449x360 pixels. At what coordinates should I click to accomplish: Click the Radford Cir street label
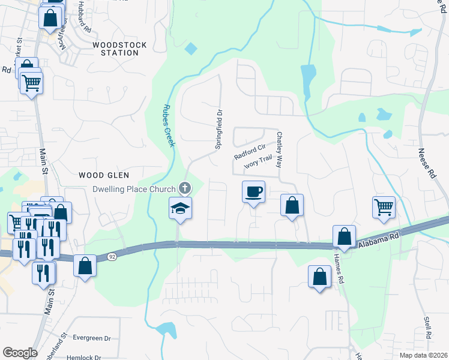point(250,152)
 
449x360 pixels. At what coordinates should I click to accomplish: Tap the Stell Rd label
point(428,328)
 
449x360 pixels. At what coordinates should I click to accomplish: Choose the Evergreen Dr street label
point(92,338)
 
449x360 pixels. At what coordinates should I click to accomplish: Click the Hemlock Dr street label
point(83,356)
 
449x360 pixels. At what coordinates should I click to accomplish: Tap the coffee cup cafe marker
point(253,192)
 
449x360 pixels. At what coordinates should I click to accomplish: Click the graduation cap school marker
point(180,208)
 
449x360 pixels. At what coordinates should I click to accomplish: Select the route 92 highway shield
point(112,256)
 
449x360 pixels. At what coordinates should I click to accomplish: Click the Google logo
point(20,352)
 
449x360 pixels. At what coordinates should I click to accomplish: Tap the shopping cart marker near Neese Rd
point(384,208)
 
